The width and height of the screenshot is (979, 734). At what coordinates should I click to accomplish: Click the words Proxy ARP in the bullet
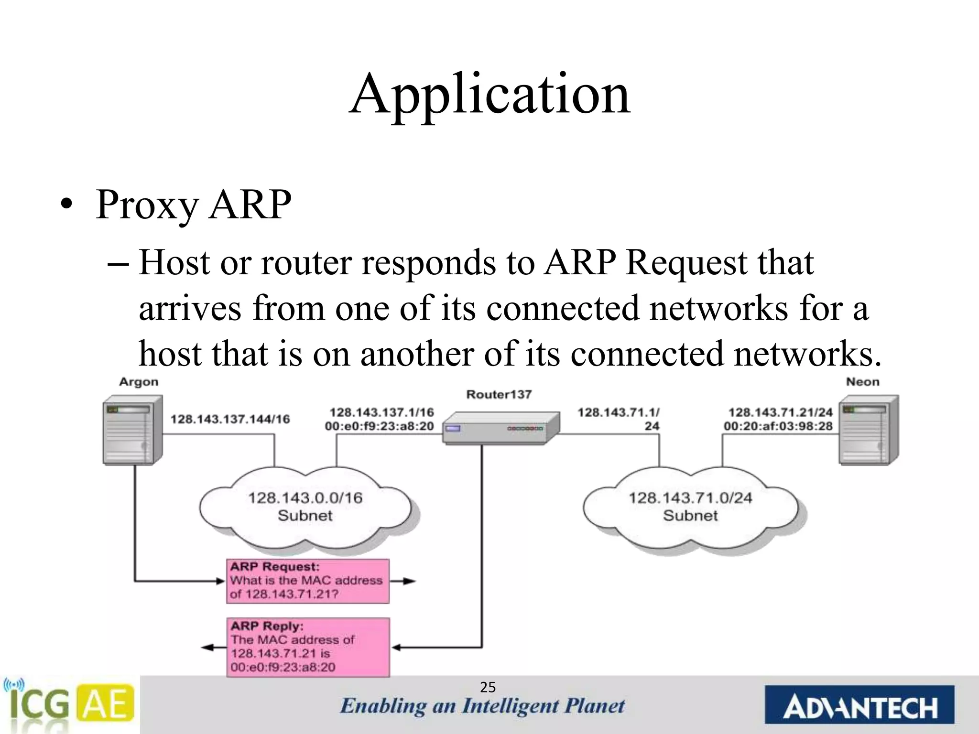193,205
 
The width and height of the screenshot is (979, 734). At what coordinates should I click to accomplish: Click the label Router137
499,395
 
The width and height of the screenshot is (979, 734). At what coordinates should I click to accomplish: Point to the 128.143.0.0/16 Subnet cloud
305,507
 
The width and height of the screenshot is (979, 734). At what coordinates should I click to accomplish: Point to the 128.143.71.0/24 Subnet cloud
690,507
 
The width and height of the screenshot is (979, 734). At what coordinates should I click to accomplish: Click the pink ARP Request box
307,581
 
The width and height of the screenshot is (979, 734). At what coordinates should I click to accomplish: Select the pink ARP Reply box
307,647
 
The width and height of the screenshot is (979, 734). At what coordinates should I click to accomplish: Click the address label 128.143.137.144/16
230,419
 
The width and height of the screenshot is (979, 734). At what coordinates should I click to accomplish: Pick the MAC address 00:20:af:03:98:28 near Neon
778,426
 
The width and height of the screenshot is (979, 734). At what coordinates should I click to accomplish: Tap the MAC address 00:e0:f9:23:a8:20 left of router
379,426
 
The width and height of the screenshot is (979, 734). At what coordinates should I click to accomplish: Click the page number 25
488,688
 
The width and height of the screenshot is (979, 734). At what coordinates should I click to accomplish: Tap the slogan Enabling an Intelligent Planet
482,706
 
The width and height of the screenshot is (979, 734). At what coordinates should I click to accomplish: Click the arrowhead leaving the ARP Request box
410,581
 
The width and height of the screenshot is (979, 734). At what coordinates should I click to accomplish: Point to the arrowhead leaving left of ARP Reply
207,648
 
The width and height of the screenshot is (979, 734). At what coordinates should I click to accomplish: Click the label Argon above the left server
138,382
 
